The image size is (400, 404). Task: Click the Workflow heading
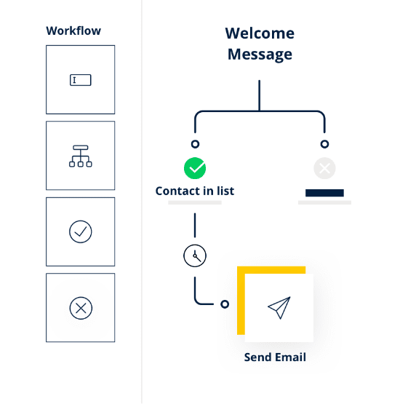73,31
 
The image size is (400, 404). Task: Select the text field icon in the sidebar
81,80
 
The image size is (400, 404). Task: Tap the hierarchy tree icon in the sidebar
81,156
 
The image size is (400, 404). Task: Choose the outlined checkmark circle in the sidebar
81,231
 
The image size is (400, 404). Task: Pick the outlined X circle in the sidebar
81,308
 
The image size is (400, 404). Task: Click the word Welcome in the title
260,33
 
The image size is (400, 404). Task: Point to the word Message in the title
260,55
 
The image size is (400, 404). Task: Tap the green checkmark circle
195,168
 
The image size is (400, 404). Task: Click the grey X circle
324,168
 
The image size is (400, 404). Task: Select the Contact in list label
195,191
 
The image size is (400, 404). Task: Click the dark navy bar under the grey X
324,193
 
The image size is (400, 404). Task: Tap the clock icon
195,256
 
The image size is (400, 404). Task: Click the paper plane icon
279,308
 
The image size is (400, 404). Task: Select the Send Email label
275,357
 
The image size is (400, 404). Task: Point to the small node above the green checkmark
195,144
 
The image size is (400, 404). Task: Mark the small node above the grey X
324,144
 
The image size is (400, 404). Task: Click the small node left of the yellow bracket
225,304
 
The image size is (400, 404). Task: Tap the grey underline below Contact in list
195,203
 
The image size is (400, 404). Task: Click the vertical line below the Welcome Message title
260,95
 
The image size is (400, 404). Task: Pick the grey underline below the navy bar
324,203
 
